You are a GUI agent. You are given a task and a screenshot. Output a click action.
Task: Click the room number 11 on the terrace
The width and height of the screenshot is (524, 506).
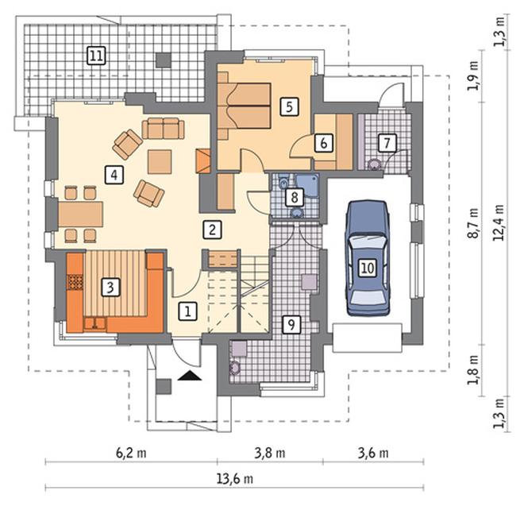tap(96, 56)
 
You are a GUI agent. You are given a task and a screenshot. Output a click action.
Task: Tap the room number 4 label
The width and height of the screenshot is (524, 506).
tap(114, 175)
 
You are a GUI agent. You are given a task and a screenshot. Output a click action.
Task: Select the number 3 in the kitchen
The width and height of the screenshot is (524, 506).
tap(110, 287)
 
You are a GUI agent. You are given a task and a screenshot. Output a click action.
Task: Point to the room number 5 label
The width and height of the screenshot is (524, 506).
tap(290, 106)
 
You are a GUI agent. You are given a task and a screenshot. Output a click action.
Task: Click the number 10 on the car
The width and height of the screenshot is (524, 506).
tap(368, 268)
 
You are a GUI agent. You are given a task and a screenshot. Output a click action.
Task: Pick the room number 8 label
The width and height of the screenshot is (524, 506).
tap(295, 197)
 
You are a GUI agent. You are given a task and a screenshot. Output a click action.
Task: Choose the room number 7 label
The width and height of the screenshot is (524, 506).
tap(387, 143)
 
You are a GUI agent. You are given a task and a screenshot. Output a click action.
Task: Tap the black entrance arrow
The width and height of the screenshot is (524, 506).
tap(190, 376)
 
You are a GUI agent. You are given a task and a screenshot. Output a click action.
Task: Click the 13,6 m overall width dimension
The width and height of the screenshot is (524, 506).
tap(235, 479)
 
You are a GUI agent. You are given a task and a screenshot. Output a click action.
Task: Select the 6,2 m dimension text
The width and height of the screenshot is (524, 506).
tap(131, 453)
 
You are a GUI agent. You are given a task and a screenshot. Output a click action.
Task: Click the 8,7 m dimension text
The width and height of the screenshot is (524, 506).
tap(473, 223)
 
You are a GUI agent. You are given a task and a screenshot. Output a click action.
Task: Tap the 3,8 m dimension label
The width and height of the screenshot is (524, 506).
tap(270, 453)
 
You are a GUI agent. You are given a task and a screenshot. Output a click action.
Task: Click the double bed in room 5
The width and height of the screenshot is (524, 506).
tap(244, 106)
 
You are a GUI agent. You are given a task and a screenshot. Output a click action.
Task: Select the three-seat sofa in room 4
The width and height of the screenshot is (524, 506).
tap(163, 128)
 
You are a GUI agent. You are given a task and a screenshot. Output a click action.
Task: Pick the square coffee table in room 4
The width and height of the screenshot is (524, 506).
tap(160, 162)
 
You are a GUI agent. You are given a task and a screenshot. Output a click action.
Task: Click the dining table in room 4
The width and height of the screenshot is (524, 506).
tap(80, 214)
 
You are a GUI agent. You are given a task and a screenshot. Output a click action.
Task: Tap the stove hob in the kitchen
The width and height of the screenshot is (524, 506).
tap(75, 282)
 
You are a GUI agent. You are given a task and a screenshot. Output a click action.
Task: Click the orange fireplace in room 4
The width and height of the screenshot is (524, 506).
tap(203, 161)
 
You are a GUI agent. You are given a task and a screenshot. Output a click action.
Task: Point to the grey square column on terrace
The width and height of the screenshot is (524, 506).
tap(164, 60)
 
